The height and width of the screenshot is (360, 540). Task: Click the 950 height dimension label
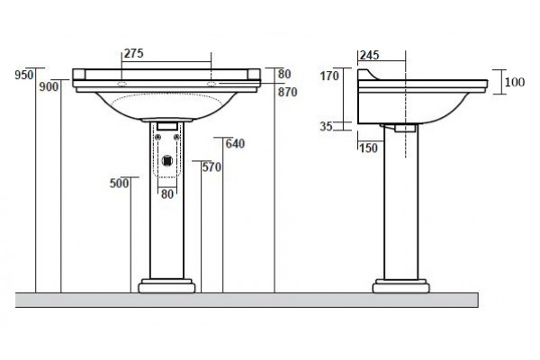24,75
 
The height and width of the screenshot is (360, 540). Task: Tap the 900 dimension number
49,86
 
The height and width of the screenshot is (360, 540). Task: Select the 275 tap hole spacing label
133,53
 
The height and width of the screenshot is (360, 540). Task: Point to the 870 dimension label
288,92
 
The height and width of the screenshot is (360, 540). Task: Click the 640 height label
235,144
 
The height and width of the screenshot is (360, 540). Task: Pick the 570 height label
211,167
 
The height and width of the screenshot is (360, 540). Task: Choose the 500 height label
119,184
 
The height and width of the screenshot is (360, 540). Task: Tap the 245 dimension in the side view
370,55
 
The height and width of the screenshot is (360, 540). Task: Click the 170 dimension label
329,76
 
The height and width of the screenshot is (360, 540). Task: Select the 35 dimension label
326,126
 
